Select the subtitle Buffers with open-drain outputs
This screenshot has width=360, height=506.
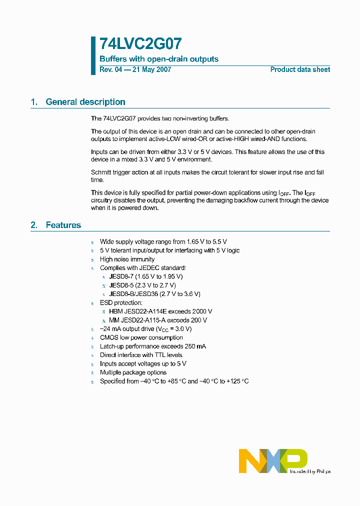[159, 59]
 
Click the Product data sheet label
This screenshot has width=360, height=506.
[300, 69]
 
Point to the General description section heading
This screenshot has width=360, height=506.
[85, 102]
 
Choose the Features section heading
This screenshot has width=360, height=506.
[63, 225]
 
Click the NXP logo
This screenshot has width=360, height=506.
[273, 460]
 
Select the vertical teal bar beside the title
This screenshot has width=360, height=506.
[93, 55]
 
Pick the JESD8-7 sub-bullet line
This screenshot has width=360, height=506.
[146, 276]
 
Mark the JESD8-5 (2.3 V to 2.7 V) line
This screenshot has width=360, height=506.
[142, 285]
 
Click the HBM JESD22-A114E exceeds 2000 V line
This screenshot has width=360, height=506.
[160, 311]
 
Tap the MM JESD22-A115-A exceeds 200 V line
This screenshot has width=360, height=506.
[158, 320]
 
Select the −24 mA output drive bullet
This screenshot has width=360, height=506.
[145, 329]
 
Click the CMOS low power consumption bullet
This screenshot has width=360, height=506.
[141, 337]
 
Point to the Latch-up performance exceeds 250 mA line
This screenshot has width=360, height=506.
[152, 346]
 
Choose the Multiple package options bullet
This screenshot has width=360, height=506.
[133, 372]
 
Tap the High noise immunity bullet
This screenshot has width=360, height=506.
[127, 259]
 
